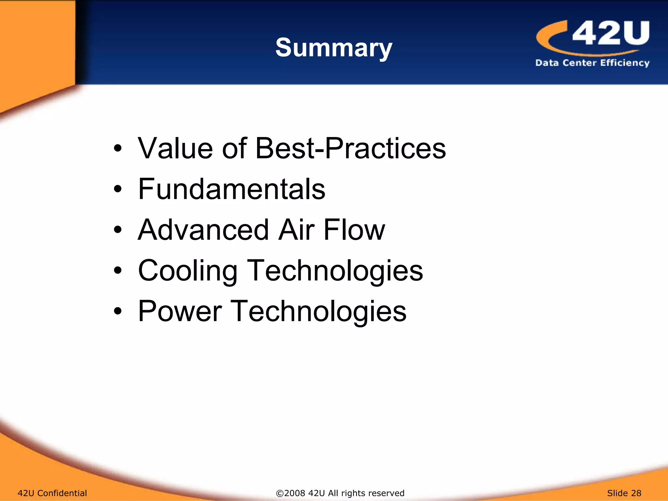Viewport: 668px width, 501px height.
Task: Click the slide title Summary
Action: click(x=334, y=48)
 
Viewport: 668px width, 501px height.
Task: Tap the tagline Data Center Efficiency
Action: click(x=592, y=63)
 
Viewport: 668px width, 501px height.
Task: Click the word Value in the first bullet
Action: click(x=175, y=148)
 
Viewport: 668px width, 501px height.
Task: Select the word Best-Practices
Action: click(x=351, y=148)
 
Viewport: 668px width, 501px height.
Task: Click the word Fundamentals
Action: click(x=232, y=189)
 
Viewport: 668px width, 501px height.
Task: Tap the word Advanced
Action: click(x=203, y=230)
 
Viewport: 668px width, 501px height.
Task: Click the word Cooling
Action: click(x=188, y=271)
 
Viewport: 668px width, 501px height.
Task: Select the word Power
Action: click(x=180, y=311)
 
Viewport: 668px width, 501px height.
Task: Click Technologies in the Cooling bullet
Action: click(x=335, y=271)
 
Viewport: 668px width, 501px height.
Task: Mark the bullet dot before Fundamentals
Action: click(x=118, y=189)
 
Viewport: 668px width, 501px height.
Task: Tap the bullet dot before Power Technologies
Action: click(x=118, y=311)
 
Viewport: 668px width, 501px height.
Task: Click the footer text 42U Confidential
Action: click(x=52, y=493)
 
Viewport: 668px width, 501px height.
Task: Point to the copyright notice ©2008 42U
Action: click(x=340, y=493)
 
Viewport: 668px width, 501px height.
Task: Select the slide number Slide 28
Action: click(x=624, y=493)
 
